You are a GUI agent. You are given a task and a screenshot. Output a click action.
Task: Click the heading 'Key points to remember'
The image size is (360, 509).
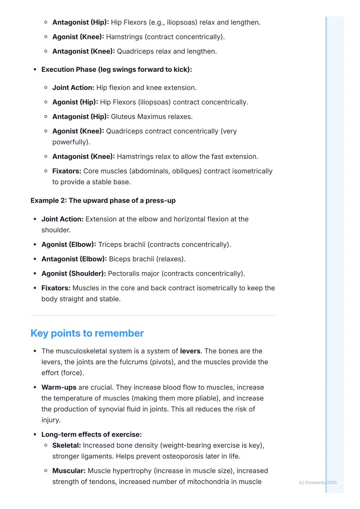click(x=87, y=333)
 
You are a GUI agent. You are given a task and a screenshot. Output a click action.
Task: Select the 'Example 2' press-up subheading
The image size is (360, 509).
click(x=103, y=201)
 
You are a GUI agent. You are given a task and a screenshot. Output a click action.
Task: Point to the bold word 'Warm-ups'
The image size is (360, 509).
click(x=59, y=387)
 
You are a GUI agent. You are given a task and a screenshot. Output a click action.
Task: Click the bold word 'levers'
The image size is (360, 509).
click(x=190, y=351)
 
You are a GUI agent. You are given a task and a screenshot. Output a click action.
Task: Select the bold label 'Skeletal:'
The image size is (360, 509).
click(x=66, y=445)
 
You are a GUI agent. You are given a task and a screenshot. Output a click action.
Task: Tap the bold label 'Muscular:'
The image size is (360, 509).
click(x=69, y=471)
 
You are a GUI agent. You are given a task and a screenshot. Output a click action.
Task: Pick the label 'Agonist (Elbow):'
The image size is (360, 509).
click(x=68, y=245)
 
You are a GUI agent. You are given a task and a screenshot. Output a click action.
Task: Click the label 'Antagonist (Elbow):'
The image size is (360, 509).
click(x=74, y=259)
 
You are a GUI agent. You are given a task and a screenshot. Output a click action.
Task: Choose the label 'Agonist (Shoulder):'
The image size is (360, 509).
click(x=73, y=273)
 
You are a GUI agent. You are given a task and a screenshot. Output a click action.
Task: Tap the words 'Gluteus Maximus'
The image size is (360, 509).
click(x=137, y=117)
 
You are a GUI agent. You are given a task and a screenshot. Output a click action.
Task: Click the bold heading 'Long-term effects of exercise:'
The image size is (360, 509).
click(x=91, y=434)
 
